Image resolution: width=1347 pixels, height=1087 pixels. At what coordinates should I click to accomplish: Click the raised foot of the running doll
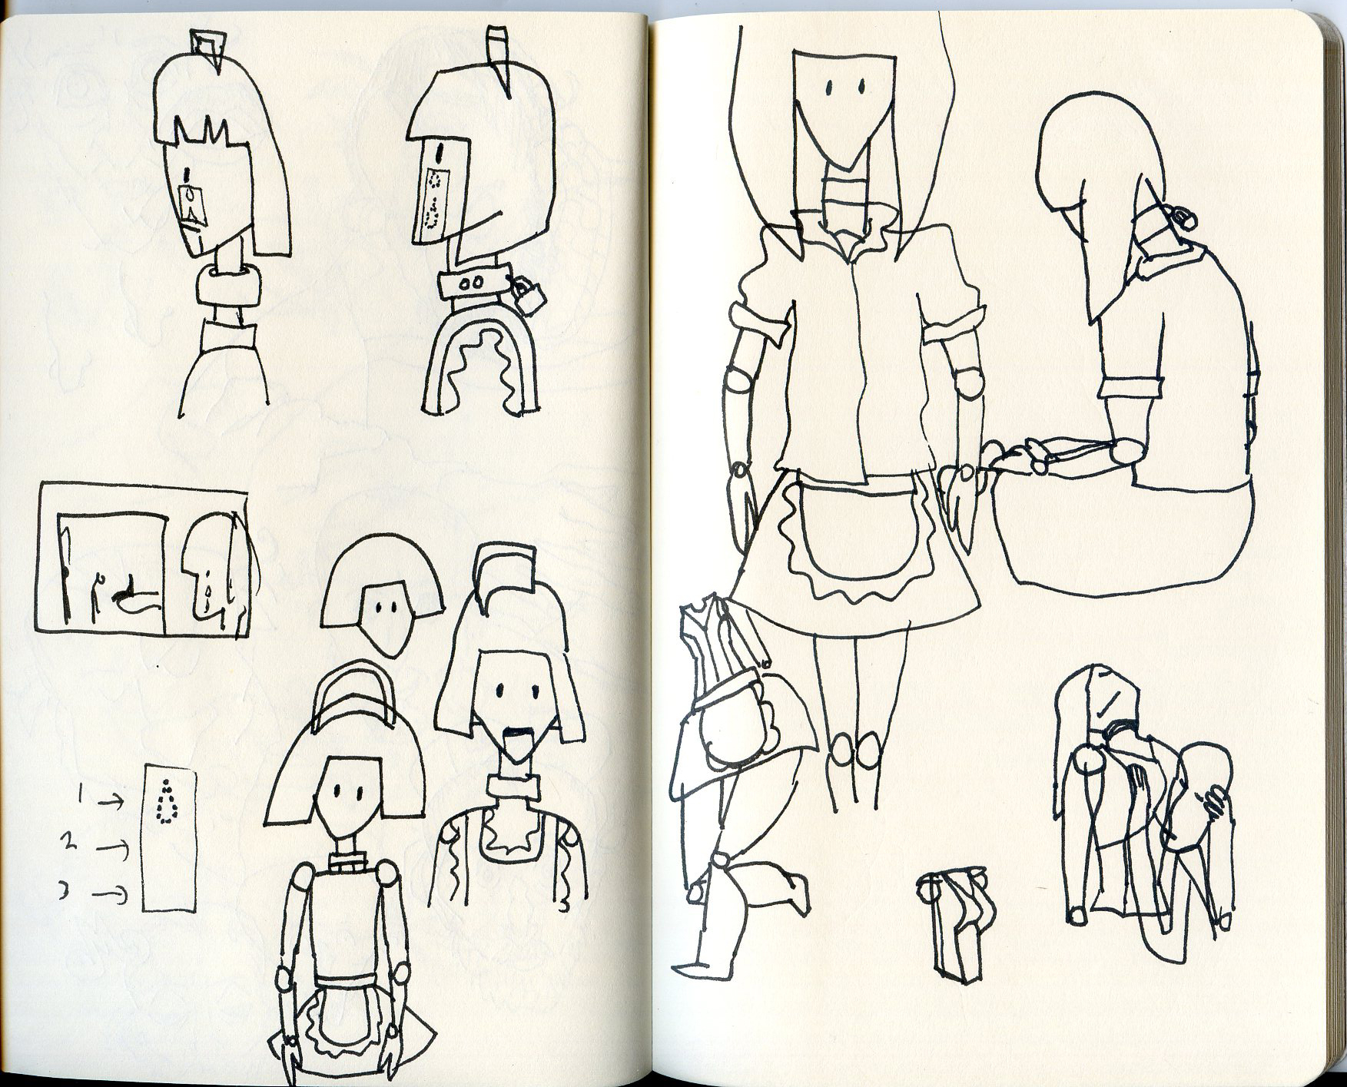pyautogui.click(x=793, y=891)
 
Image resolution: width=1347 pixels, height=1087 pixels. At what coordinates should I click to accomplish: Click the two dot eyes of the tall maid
pyautogui.click(x=843, y=85)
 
